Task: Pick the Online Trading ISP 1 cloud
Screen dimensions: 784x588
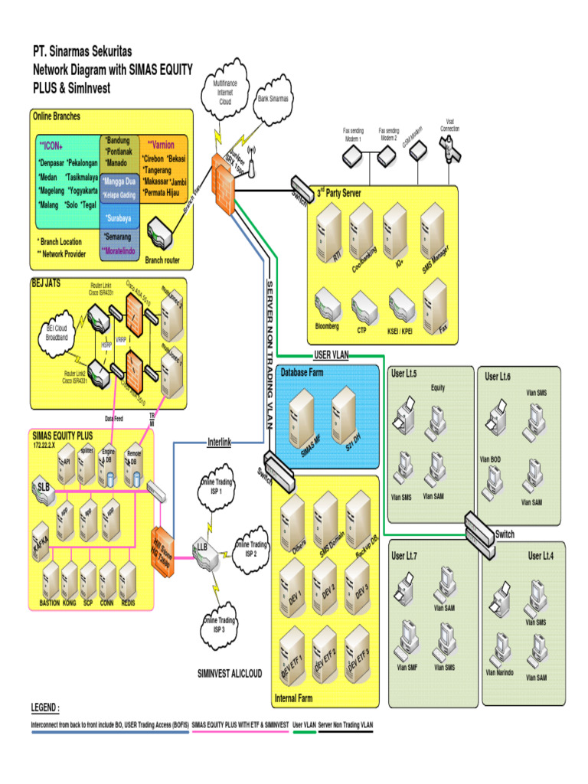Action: coord(216,487)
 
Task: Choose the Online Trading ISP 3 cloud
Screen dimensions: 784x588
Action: coord(219,623)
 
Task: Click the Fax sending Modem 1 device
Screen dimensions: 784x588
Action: coord(353,157)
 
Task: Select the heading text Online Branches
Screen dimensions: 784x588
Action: coord(56,116)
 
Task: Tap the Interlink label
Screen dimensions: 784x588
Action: coord(219,442)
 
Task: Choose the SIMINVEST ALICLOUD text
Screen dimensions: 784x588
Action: coord(230,674)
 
